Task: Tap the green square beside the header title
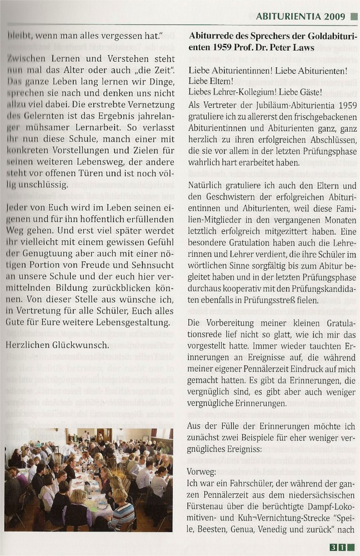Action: click(353, 17)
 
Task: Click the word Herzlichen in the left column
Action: click(28, 345)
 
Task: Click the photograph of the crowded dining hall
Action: click(89, 479)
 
